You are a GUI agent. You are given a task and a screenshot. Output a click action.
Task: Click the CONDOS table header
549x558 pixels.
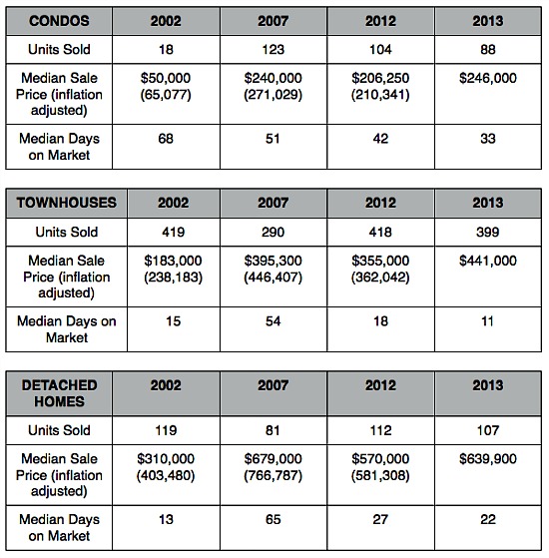pyautogui.click(x=59, y=21)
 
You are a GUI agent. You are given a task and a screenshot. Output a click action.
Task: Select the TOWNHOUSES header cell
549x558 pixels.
pyautogui.click(x=67, y=203)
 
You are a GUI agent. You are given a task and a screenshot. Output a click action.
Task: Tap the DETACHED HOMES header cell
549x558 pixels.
pyautogui.click(x=59, y=393)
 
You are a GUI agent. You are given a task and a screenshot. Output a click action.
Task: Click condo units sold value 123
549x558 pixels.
pyautogui.click(x=273, y=49)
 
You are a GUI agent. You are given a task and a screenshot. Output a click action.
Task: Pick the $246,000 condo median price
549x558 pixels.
pyautogui.click(x=488, y=78)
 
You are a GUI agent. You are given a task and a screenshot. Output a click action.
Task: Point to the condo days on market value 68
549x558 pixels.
pyautogui.click(x=166, y=139)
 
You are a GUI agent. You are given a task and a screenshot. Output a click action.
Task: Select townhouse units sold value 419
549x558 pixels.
pyautogui.click(x=174, y=232)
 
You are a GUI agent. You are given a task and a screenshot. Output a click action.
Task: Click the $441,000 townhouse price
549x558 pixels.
pyautogui.click(x=488, y=261)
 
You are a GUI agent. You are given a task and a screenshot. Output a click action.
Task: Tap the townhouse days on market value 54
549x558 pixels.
pyautogui.click(x=273, y=321)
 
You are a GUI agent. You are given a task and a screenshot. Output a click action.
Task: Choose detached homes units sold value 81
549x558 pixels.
pyautogui.click(x=273, y=430)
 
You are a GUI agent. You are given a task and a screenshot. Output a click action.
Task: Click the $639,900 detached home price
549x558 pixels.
pyautogui.click(x=488, y=459)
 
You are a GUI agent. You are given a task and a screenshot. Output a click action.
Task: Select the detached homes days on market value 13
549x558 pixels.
pyautogui.click(x=166, y=519)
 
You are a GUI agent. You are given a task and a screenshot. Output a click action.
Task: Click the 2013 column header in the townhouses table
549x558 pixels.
pyautogui.click(x=488, y=203)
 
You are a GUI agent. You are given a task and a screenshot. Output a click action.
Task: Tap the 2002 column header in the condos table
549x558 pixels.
pyautogui.click(x=166, y=21)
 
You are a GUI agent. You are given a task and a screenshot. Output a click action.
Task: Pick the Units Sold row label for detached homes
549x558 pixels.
pyautogui.click(x=59, y=430)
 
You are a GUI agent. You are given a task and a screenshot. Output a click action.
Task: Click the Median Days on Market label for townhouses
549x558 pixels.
pyautogui.click(x=67, y=329)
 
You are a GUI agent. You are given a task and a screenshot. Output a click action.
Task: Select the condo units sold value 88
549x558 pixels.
pyautogui.click(x=488, y=49)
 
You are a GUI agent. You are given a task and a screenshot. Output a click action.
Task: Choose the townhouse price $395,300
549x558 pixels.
pyautogui.click(x=273, y=261)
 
